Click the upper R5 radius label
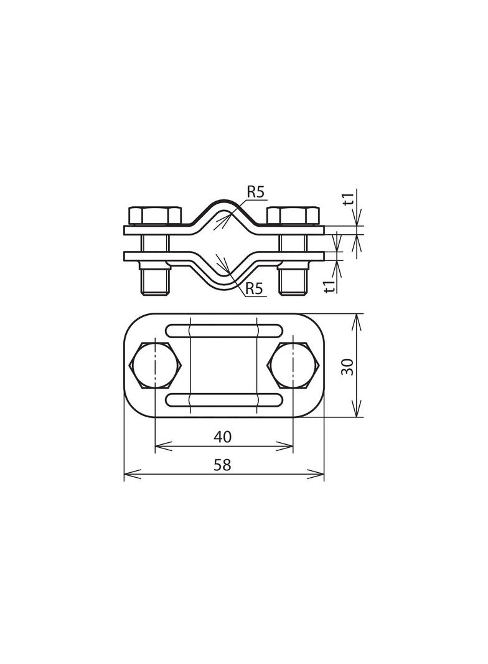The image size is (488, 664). pos(256,192)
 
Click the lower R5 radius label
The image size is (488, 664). pos(255,289)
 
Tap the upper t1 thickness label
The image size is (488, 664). pos(349,199)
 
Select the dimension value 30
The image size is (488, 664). pos(348,366)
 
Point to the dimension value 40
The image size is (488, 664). pos(223,437)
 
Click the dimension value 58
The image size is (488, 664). pos(223,465)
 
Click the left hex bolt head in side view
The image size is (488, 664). pos(154,216)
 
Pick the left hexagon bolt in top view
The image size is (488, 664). pos(156,365)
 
